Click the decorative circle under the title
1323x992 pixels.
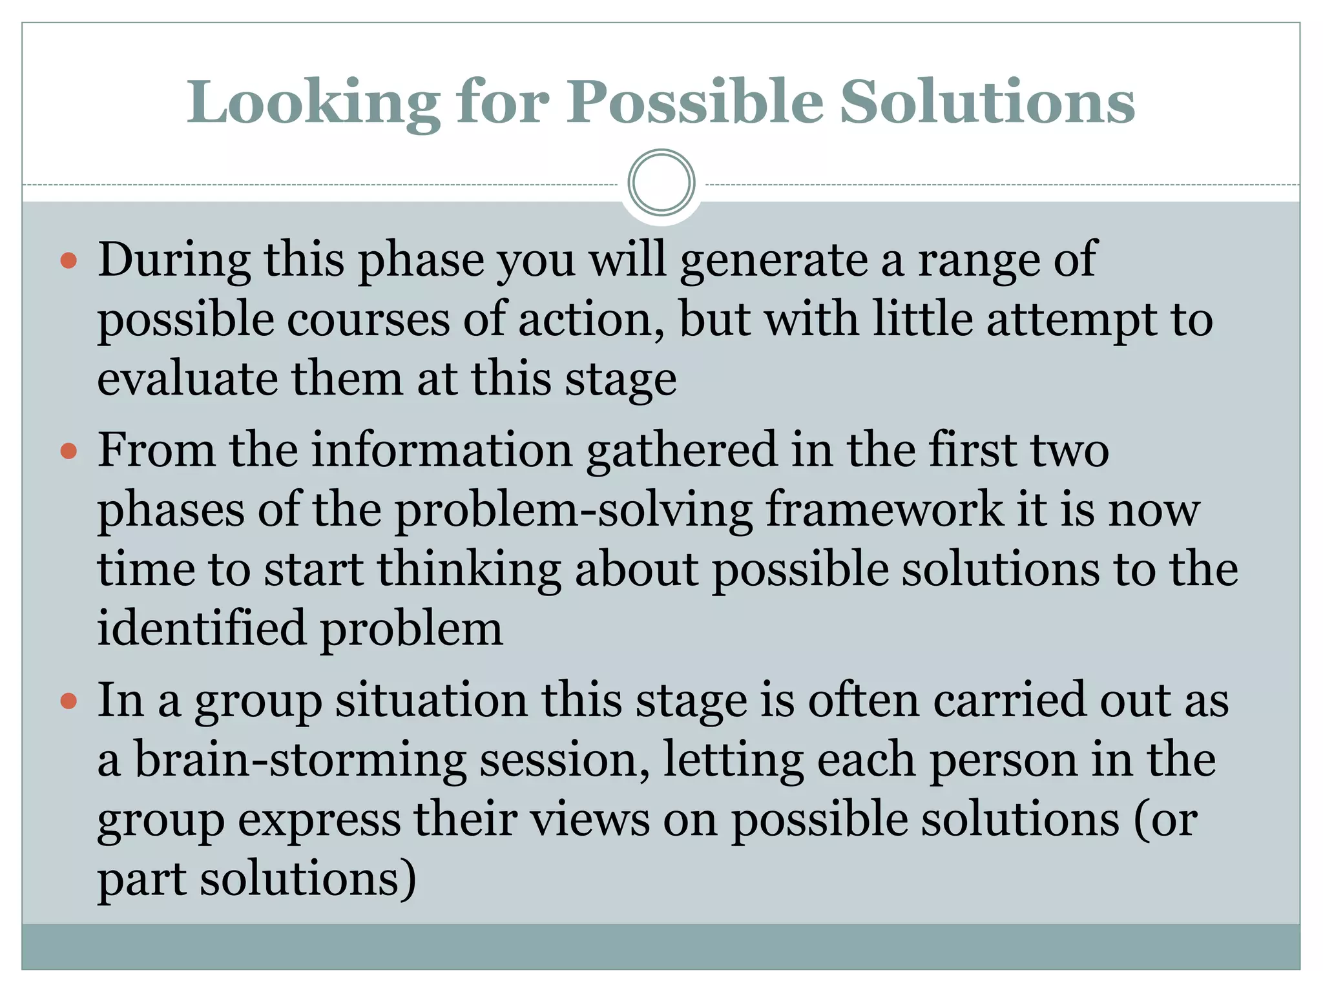pyautogui.click(x=661, y=183)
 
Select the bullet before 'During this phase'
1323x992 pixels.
pyautogui.click(x=68, y=262)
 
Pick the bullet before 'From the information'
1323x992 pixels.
pyautogui.click(x=68, y=451)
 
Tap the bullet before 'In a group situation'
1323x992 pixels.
pyautogui.click(x=68, y=701)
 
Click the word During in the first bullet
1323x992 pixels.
pyautogui.click(x=174, y=260)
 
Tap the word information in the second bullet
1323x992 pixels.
pyautogui.click(x=443, y=449)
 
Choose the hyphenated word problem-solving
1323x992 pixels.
pyautogui.click(x=574, y=510)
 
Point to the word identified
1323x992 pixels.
pyautogui.click(x=201, y=628)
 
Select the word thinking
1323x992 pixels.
pyautogui.click(x=469, y=570)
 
